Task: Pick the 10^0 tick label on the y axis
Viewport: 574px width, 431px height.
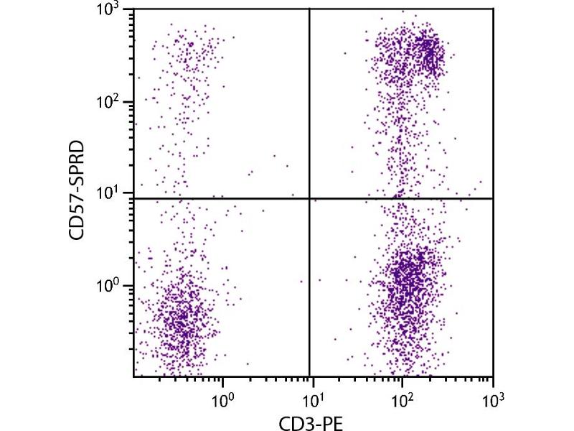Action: coord(112,285)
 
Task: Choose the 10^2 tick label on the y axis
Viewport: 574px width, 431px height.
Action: coord(112,102)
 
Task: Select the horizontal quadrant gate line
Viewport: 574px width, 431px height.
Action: coord(215,198)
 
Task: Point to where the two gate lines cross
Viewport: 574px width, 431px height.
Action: coord(309,198)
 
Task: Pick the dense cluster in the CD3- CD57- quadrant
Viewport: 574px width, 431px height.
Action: coord(179,316)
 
